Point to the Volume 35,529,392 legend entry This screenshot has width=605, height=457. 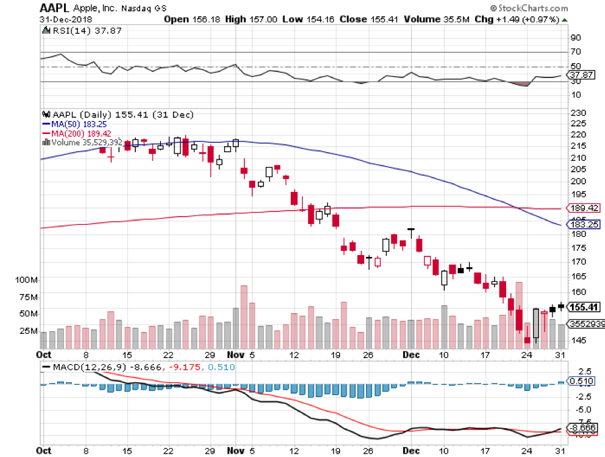point(85,142)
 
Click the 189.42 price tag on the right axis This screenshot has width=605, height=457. point(583,209)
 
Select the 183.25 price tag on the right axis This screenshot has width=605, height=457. point(583,225)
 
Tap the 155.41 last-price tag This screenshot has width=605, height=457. point(583,307)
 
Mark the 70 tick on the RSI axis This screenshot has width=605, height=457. point(575,52)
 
